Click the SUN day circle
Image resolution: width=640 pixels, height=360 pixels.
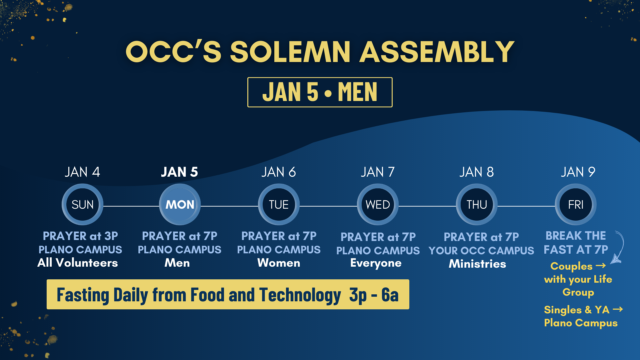click(82, 204)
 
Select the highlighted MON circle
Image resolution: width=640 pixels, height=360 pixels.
click(180, 204)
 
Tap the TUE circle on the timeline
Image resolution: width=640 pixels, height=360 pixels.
click(279, 204)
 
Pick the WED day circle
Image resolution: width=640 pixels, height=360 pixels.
click(378, 204)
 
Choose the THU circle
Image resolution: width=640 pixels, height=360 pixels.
click(477, 204)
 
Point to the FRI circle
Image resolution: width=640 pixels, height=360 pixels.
click(576, 204)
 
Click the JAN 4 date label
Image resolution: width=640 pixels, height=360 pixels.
click(82, 172)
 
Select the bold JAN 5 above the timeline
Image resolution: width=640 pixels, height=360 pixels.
click(179, 172)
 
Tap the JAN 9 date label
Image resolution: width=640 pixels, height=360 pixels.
click(578, 172)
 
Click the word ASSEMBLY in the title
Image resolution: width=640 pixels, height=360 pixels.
click(437, 52)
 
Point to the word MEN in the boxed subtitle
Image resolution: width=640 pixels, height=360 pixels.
click(358, 92)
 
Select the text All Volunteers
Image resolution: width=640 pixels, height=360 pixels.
click(78, 263)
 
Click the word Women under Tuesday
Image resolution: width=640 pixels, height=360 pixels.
click(279, 263)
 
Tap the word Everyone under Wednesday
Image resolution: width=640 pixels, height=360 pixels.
click(376, 263)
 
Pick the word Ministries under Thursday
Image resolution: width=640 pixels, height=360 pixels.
click(477, 264)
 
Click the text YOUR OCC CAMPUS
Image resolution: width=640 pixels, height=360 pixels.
click(481, 250)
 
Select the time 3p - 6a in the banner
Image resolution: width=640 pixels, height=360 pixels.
click(374, 295)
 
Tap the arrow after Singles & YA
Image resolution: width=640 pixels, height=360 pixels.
click(618, 309)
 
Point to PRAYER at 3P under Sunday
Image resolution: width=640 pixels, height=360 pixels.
click(80, 236)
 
